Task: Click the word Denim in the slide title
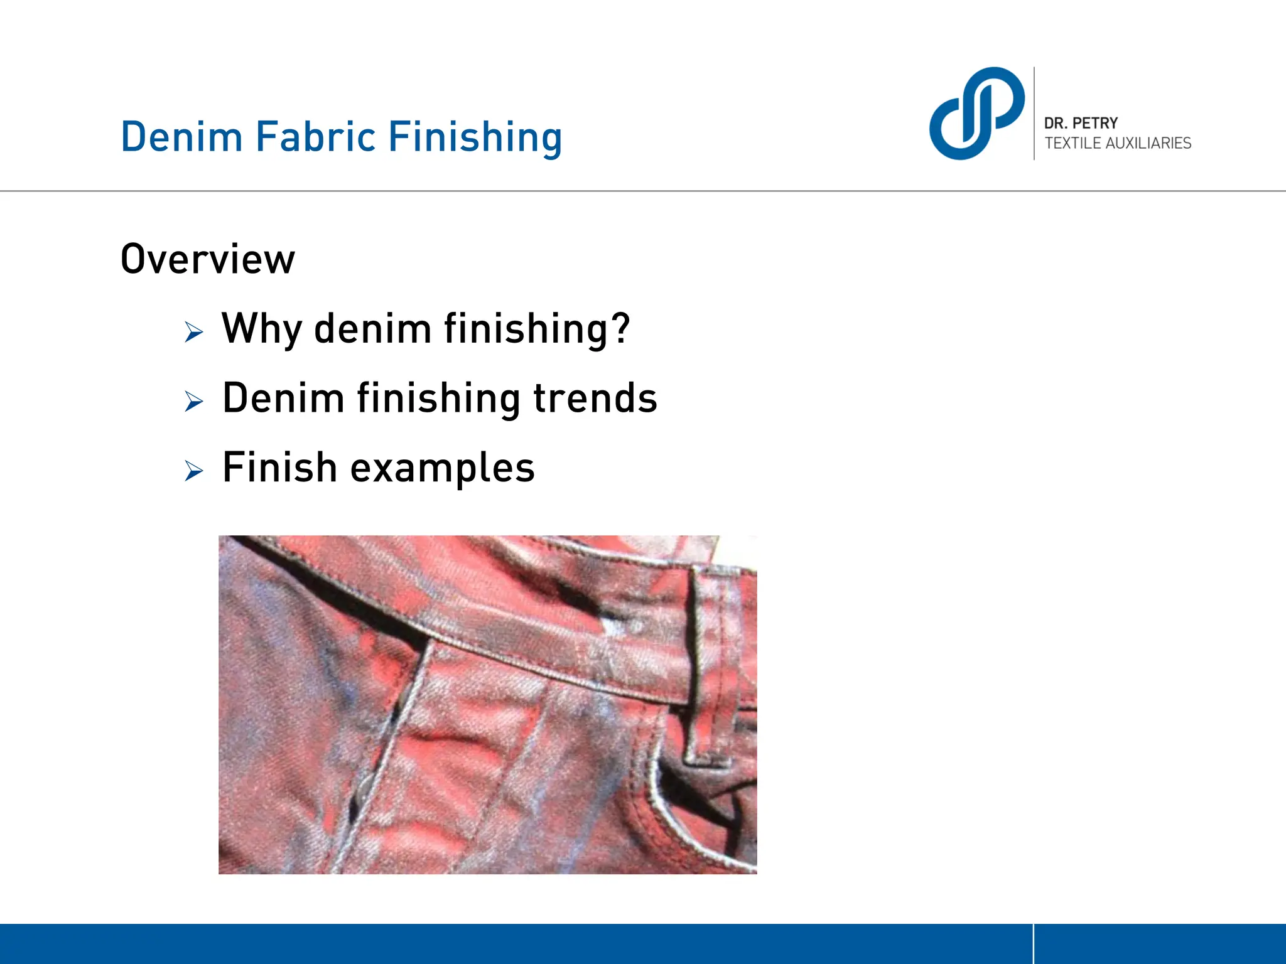click(x=181, y=137)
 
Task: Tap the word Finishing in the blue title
click(x=475, y=138)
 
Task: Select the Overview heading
click(x=207, y=259)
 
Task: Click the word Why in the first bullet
click(x=261, y=329)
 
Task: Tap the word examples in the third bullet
click(x=442, y=469)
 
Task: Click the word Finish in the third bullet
click(x=280, y=468)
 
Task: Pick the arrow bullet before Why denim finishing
click(x=194, y=331)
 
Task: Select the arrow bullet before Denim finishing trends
click(x=194, y=400)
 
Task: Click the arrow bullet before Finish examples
click(x=194, y=470)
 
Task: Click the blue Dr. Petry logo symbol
click(x=976, y=114)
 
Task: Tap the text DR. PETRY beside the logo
click(x=1081, y=123)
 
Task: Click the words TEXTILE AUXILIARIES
click(x=1118, y=143)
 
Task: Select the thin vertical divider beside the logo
click(x=1034, y=113)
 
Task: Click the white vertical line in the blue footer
click(x=1033, y=943)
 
